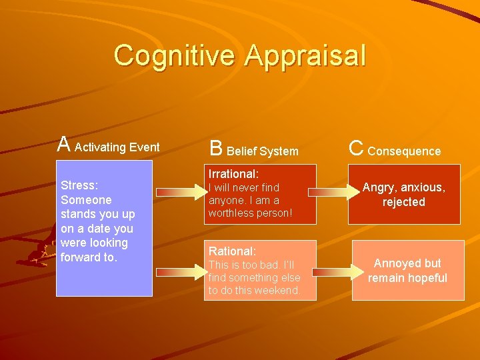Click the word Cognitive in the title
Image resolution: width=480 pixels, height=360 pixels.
(175, 56)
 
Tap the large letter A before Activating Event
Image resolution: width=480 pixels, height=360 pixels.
(63, 144)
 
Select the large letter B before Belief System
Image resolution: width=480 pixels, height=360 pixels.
(216, 147)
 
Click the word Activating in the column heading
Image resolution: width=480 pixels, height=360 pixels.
(100, 147)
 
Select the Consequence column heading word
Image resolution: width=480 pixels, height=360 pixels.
(404, 151)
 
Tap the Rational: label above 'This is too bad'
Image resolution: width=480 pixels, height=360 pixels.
(232, 251)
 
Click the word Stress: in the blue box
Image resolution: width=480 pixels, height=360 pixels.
(79, 185)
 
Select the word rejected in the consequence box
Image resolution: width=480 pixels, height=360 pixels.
(403, 202)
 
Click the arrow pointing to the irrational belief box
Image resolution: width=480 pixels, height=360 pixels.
(179, 193)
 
